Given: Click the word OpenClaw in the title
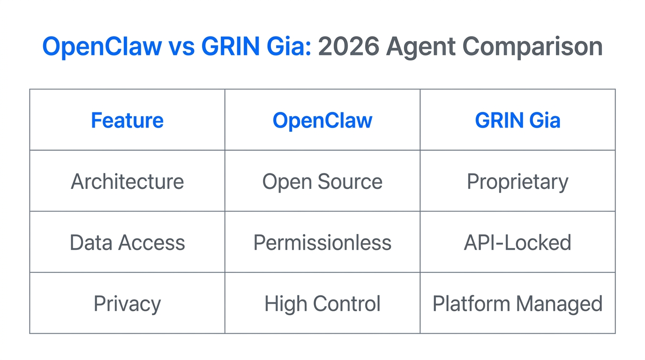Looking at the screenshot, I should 102,47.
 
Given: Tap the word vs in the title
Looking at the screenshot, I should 181,47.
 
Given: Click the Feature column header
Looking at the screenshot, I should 127,120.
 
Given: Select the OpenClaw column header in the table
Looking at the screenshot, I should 322,120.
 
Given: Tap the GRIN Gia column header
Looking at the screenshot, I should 517,120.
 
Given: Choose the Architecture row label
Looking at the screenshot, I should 127,181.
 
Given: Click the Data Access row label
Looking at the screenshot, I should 127,242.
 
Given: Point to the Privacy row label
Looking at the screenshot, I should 127,304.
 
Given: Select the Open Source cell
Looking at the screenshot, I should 322,181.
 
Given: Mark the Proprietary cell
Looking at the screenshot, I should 517,181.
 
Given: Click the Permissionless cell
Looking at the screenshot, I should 322,242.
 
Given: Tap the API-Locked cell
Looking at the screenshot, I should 517,242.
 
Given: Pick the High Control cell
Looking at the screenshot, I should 322,304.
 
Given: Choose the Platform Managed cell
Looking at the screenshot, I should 517,304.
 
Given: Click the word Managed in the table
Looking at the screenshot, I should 559,304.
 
